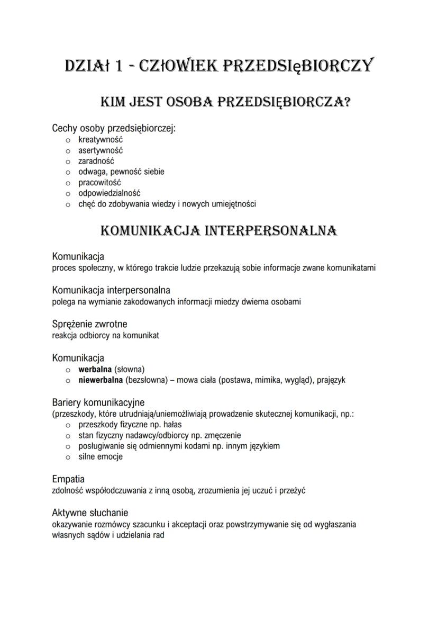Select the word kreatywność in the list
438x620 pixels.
pos(101,140)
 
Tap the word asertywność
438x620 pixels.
pos(101,150)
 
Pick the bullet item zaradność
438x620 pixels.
pos(96,161)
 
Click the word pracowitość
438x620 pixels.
pos(100,182)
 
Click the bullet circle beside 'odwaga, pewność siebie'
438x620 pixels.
pos(68,172)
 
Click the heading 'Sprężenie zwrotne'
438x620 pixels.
pos(89,324)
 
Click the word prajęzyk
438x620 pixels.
pos(331,380)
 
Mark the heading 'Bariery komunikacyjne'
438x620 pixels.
pos(98,402)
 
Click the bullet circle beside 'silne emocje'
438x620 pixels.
pos(68,456)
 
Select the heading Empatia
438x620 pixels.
pos(68,479)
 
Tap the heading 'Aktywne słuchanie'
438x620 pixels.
pos(90,513)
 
